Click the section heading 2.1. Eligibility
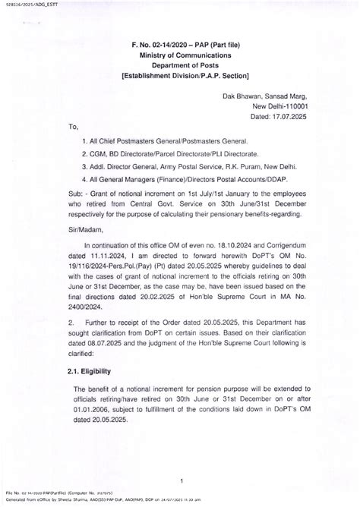tap(95, 371)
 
